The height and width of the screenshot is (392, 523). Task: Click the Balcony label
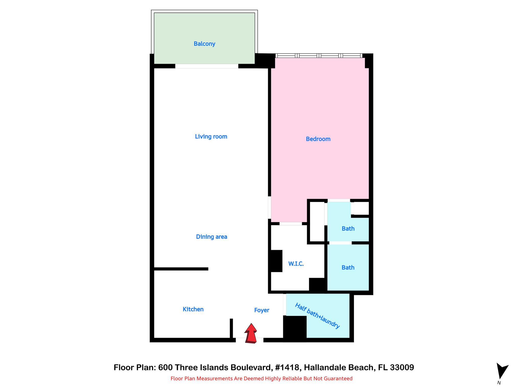(x=204, y=44)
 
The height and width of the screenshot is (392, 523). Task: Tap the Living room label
(x=211, y=137)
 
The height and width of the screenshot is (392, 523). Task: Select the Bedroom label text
(x=318, y=139)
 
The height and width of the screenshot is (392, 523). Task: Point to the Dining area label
(x=211, y=237)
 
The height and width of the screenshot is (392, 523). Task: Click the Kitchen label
(x=193, y=309)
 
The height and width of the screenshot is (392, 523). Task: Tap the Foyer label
(x=262, y=310)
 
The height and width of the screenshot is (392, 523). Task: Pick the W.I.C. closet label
(x=296, y=264)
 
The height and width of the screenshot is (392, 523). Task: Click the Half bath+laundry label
(x=317, y=316)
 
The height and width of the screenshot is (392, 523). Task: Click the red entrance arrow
(x=251, y=333)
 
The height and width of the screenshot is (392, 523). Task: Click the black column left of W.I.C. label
(x=276, y=261)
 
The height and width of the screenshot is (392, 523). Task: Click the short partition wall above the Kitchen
(x=181, y=269)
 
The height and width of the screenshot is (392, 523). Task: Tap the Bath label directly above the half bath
(x=348, y=268)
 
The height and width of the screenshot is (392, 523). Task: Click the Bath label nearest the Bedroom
(x=348, y=229)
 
